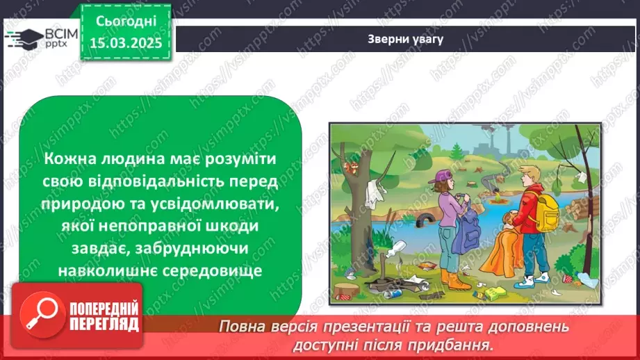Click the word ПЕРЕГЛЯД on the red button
point(104,324)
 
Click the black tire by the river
point(423,222)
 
